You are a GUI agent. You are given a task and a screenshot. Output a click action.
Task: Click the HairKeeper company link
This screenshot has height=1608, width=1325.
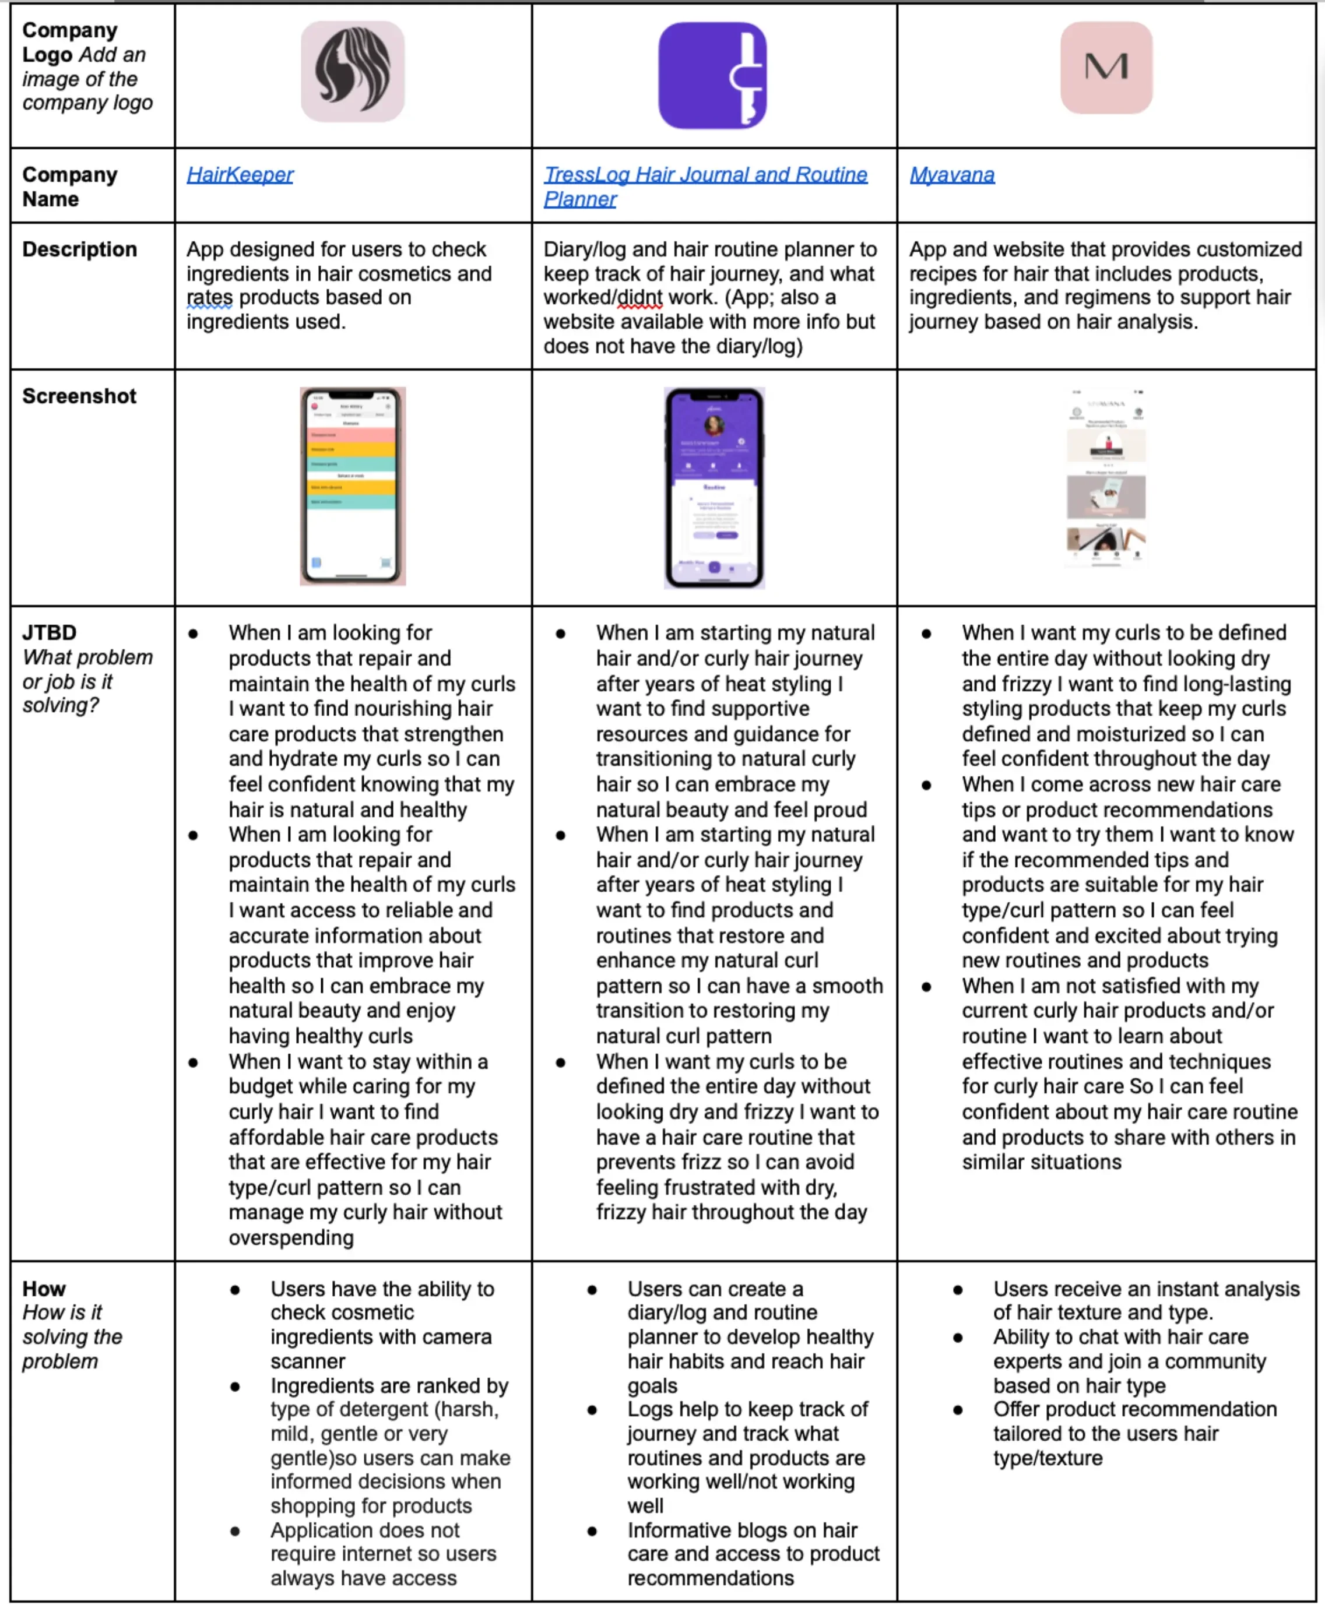tap(240, 175)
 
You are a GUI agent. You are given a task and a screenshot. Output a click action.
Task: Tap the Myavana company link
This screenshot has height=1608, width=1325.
tap(952, 175)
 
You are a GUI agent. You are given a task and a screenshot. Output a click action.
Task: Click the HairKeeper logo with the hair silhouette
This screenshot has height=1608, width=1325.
tap(352, 71)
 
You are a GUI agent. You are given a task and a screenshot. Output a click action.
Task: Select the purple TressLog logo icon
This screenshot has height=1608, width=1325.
tap(712, 76)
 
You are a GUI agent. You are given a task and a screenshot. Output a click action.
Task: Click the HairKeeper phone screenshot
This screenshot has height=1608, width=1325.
tap(352, 486)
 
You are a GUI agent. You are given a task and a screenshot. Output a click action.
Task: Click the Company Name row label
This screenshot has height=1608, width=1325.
tap(69, 187)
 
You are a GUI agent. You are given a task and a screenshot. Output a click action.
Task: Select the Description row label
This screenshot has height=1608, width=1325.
tap(79, 249)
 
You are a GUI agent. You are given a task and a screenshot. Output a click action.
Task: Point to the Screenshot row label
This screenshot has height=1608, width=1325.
tap(79, 396)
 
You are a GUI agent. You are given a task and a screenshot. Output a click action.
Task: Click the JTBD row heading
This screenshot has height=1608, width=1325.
tap(50, 633)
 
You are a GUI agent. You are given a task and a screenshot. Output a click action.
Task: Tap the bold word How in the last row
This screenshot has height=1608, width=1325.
tap(44, 1289)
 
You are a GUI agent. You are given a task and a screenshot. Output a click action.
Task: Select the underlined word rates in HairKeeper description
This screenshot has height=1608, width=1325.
tap(209, 298)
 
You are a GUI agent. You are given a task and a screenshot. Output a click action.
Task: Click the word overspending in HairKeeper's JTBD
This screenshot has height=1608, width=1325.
tap(291, 1238)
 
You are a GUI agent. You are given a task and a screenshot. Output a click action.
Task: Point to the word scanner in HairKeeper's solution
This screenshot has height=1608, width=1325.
tap(308, 1361)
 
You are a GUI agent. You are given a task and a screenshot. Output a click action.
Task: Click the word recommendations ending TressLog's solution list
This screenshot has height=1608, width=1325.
tap(710, 1578)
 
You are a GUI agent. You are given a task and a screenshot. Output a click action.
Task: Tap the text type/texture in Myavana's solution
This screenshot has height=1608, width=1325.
tap(1047, 1458)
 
